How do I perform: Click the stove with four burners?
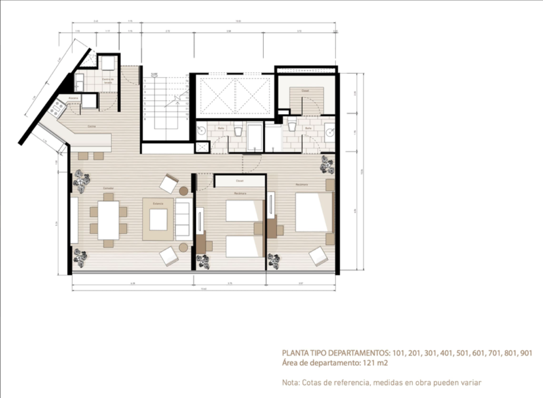[x=56, y=110]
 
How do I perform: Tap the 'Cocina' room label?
[x=93, y=127]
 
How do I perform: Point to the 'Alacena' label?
[x=74, y=99]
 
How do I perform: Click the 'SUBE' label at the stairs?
[x=154, y=74]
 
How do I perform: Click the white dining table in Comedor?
[x=109, y=220]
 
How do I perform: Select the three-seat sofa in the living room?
[x=183, y=220]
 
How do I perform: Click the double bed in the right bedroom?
[x=315, y=212]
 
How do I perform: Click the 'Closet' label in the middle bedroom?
[x=240, y=181]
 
